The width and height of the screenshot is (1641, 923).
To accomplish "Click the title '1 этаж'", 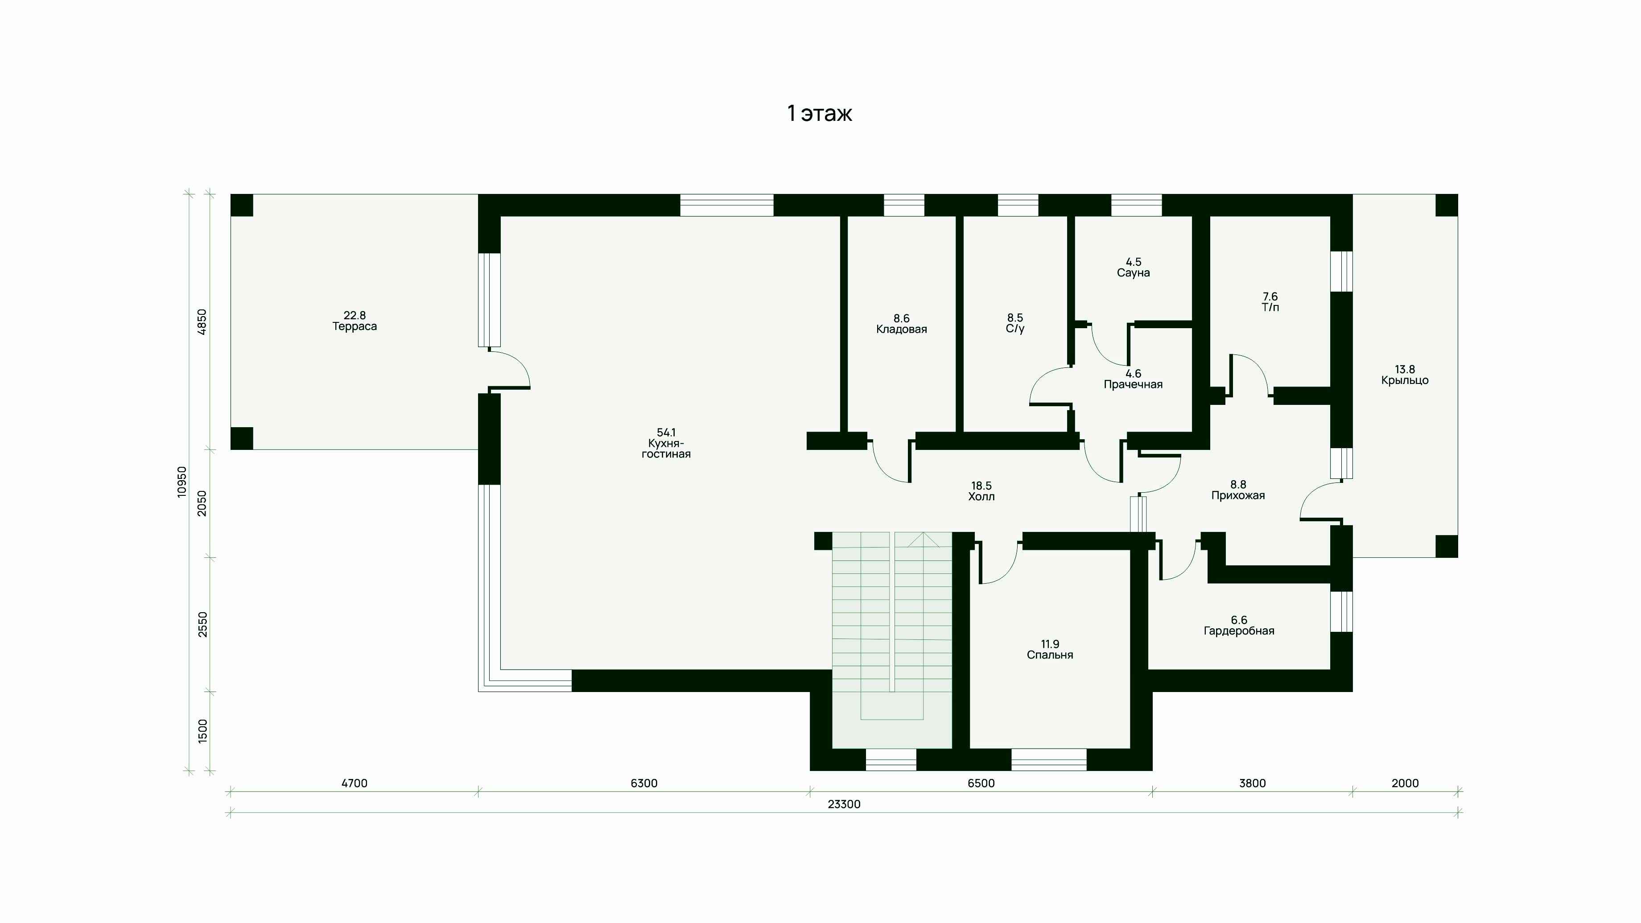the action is coord(820,113).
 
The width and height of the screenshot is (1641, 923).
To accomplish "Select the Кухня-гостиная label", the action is coord(666,449).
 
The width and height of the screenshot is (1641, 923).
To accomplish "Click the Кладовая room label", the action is coord(901,330).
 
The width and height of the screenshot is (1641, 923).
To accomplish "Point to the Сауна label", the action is coord(1133,272).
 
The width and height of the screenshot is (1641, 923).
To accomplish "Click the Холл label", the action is coord(981,497).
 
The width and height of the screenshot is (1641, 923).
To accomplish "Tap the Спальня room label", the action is coord(1050,655).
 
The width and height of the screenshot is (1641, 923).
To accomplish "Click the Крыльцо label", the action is coord(1405,381).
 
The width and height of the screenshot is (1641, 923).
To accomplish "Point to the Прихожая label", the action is coord(1238,495).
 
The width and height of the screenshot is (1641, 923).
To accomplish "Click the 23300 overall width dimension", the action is coord(844,804).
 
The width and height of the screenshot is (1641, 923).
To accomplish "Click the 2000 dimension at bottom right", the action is coord(1405,783).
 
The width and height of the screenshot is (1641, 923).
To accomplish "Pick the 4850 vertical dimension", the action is coord(202,321).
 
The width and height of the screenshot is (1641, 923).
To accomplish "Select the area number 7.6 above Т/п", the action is coord(1270,296).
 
